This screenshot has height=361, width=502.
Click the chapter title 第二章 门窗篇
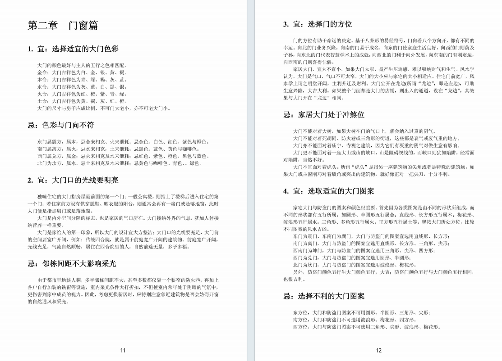[x=63, y=26]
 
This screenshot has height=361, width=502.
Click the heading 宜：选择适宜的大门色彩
[x=73, y=49]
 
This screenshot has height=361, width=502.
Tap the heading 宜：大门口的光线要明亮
[x=73, y=180]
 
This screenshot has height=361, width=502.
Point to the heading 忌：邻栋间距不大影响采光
[x=72, y=263]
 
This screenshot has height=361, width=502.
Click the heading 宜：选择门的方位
[x=318, y=24]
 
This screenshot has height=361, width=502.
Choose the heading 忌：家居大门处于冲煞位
[x=324, y=115]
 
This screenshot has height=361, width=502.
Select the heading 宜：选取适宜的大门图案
[x=329, y=191]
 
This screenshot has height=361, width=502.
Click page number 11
[x=123, y=350]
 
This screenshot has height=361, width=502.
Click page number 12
[x=378, y=350]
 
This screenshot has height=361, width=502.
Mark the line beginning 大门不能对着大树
[x=364, y=131]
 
